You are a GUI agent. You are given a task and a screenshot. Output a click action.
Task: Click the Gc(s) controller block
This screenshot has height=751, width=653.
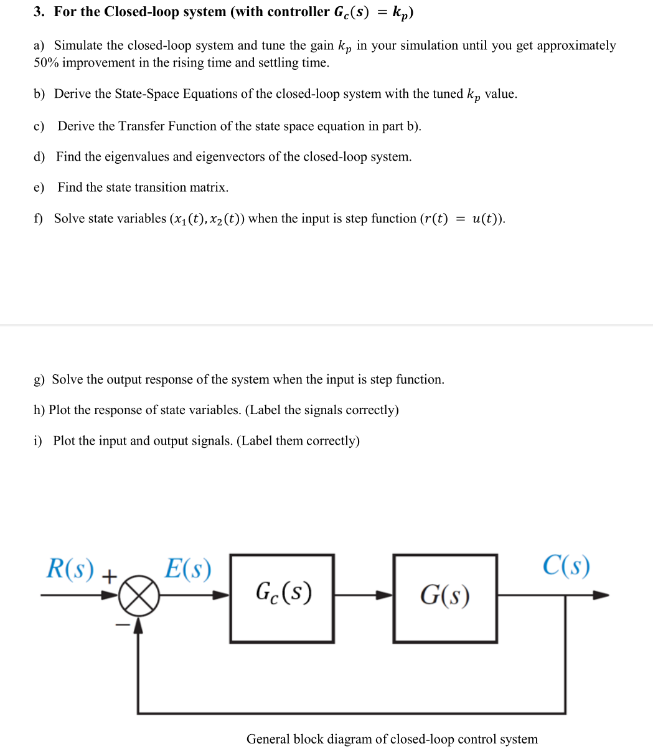click(x=282, y=598)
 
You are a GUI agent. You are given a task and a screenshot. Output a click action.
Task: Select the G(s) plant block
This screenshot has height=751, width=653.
click(x=445, y=598)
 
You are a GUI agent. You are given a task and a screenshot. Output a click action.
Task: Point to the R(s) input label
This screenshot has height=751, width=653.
click(x=70, y=569)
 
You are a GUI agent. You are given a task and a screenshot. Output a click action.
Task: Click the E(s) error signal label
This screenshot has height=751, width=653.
click(x=187, y=569)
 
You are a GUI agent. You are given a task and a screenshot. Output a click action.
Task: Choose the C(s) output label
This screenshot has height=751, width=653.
click(x=566, y=565)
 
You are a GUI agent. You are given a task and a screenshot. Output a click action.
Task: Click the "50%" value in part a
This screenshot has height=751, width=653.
click(x=47, y=63)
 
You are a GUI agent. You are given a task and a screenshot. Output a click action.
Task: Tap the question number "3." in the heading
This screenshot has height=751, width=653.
click(x=40, y=12)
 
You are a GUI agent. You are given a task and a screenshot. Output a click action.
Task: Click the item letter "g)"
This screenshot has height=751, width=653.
click(x=40, y=380)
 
